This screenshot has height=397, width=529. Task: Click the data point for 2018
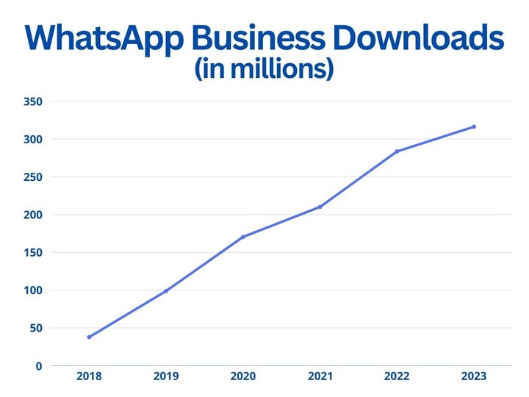[x=89, y=337]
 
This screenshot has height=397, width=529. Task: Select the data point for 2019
[x=166, y=291]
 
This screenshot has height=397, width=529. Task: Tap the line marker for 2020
[x=242, y=237]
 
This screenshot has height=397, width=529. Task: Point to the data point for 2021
[x=320, y=207]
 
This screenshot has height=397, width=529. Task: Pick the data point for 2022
[x=397, y=151]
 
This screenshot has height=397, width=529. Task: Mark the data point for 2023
[x=474, y=126]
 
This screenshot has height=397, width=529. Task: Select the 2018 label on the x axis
[x=89, y=376]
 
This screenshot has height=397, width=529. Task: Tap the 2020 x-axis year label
[x=242, y=376]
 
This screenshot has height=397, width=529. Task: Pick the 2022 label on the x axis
[x=397, y=376]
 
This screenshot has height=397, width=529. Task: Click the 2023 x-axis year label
[x=474, y=376]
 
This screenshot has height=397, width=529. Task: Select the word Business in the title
[x=272, y=38]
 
